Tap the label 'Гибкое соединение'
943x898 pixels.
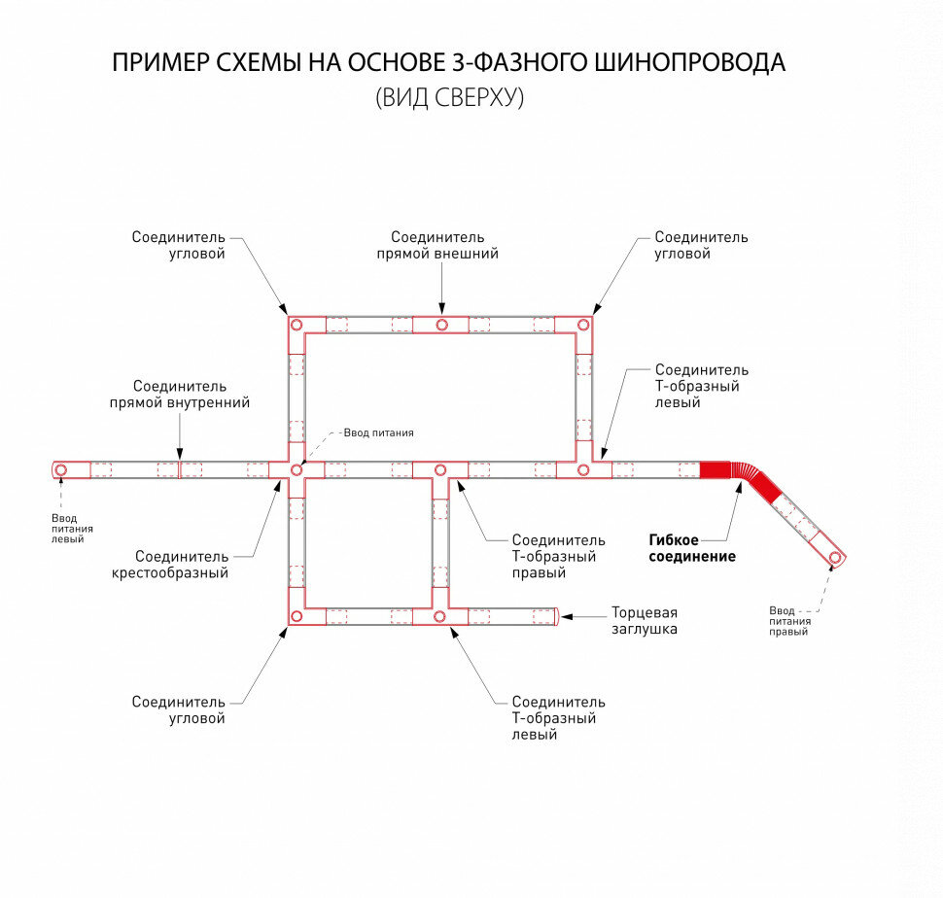coord(692,548)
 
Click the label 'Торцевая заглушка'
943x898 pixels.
coord(644,621)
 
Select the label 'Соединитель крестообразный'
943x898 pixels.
coord(182,565)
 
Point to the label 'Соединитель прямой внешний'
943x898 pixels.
coord(437,245)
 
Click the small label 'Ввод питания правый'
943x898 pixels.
coord(789,620)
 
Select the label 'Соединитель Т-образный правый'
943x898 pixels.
coord(558,556)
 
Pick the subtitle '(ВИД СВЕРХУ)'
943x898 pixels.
coord(449,98)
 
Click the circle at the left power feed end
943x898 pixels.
coord(61,470)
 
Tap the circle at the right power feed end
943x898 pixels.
coord(834,558)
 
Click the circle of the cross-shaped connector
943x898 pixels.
coord(296,470)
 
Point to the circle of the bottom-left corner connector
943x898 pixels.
coord(296,616)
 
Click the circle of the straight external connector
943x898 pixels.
coord(441,325)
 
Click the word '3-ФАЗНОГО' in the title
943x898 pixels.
coord(510,63)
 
